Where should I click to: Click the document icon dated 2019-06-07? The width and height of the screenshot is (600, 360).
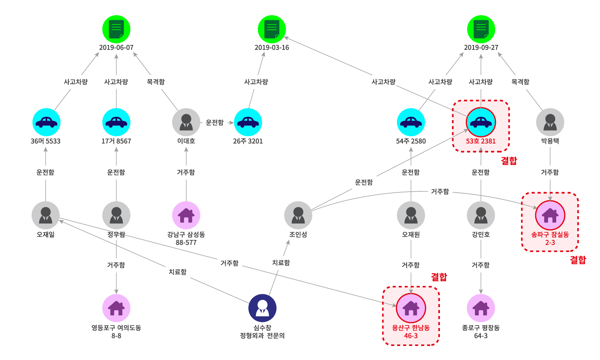(116, 29)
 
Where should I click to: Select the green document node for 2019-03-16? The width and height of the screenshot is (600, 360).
(272, 29)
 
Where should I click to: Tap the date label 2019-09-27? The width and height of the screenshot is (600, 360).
(481, 47)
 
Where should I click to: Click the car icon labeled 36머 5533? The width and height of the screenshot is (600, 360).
(46, 122)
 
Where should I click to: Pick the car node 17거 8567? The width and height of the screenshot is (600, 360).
(116, 122)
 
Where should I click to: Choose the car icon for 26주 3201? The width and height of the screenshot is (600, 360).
(248, 122)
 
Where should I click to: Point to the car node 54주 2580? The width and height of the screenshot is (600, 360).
(411, 122)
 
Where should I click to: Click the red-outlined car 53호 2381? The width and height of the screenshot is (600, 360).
(481, 122)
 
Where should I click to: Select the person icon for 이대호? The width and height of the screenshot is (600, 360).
(186, 122)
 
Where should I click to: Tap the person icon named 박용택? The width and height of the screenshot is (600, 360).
(550, 122)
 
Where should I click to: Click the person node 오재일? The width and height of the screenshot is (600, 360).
(46, 215)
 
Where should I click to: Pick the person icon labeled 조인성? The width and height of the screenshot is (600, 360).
(298, 215)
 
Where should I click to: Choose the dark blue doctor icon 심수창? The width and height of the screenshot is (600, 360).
(262, 308)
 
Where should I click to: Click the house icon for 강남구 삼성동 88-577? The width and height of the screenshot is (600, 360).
(186, 215)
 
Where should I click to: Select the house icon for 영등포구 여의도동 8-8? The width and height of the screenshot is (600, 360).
(116, 308)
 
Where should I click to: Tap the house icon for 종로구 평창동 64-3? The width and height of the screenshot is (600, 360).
(481, 308)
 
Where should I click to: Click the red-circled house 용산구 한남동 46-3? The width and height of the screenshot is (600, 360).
(411, 308)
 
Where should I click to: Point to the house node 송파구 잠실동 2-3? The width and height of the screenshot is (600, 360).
(550, 215)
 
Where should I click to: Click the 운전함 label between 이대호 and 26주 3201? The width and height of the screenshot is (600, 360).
(215, 123)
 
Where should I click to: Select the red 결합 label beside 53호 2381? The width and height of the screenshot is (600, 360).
(509, 160)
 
